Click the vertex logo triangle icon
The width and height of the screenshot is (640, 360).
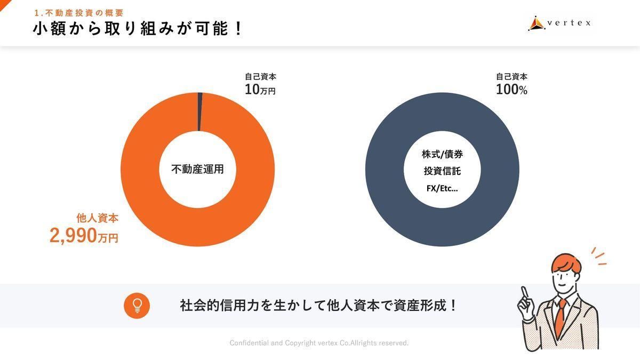point(535,23)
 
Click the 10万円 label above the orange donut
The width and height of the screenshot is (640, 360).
point(260,90)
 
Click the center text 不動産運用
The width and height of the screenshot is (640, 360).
point(197,170)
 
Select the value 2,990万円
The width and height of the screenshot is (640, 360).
point(84,236)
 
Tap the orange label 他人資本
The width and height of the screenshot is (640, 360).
point(98,218)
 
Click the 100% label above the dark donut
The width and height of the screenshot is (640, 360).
point(511,90)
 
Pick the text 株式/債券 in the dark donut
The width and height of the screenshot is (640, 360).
point(442,155)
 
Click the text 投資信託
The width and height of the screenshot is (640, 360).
point(442,171)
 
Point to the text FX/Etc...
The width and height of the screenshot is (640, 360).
point(442,188)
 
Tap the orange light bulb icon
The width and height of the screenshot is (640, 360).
point(137,306)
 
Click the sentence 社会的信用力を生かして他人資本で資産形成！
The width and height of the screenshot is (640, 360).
point(318,306)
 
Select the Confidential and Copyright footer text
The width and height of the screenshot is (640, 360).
point(319,343)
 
